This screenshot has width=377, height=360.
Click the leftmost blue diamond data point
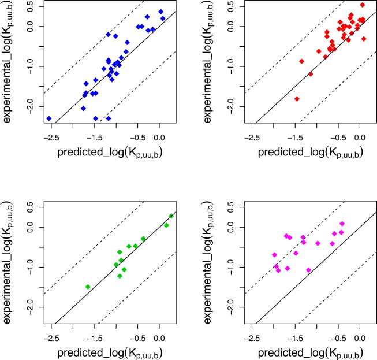coord(49,118)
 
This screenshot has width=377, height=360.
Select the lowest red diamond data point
coord(297,99)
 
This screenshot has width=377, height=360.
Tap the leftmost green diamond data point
coord(88,287)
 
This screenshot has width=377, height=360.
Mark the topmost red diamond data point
coord(362,5)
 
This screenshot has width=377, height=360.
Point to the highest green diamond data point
coord(171,216)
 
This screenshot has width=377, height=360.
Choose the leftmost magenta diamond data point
coord(275,255)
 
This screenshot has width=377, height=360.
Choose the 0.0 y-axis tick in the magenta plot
coord(233,227)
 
